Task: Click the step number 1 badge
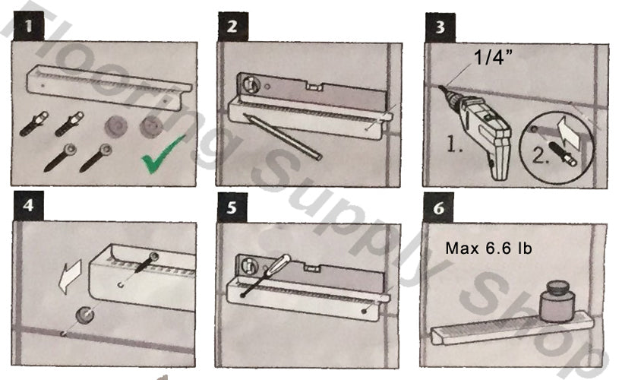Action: tap(29, 26)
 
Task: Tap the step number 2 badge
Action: tap(233, 26)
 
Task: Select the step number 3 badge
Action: tap(440, 27)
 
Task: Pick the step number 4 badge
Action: tap(28, 206)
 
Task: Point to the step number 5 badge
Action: tap(232, 207)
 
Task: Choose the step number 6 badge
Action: tap(438, 208)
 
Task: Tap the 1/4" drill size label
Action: tap(493, 58)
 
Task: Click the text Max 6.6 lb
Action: tap(488, 249)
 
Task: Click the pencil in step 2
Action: tap(282, 137)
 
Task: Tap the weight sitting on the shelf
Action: tap(557, 301)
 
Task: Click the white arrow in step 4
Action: tap(70, 277)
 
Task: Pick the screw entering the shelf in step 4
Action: tap(147, 262)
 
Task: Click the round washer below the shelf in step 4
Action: tap(85, 315)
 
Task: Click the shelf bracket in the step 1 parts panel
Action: tap(109, 87)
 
